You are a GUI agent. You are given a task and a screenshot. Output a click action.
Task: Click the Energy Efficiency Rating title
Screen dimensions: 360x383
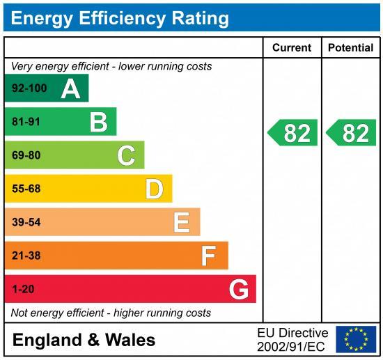click(119, 18)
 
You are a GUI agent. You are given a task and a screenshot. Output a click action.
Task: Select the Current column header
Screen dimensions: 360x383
click(291, 48)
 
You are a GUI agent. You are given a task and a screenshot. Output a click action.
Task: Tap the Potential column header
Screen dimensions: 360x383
click(350, 48)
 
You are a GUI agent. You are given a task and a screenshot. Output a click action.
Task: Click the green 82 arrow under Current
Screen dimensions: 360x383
click(293, 133)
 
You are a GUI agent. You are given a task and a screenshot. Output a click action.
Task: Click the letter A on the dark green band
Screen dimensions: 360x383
click(70, 88)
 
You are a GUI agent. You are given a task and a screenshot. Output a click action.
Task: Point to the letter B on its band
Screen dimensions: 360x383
click(98, 122)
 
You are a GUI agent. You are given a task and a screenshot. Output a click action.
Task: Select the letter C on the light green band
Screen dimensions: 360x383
click(126, 155)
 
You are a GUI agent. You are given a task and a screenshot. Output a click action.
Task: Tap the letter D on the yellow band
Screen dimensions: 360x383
click(154, 189)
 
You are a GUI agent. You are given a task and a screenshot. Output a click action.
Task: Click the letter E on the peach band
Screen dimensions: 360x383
click(181, 222)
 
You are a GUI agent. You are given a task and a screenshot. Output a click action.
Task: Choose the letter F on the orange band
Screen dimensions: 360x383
click(208, 256)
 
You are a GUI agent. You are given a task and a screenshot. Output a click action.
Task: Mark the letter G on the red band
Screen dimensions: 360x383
click(239, 289)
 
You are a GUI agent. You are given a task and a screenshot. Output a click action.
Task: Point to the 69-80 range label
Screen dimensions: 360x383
click(26, 155)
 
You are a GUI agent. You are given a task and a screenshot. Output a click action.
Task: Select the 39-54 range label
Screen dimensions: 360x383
click(26, 222)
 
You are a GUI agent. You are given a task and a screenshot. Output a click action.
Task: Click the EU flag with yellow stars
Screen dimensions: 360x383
click(356, 339)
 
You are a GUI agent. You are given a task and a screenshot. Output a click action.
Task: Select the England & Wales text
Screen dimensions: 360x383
click(84, 340)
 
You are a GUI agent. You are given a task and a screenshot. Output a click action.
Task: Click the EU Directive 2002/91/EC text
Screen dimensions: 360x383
click(292, 339)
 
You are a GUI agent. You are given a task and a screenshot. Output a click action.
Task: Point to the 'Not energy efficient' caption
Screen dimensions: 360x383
click(111, 313)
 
